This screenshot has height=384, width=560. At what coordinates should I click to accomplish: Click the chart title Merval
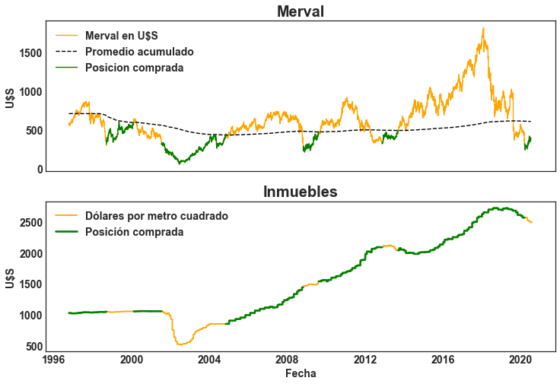pos(301,11)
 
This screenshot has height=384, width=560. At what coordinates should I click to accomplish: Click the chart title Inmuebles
pos(301,192)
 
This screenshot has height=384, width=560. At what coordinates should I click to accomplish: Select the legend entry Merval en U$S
pos(122,36)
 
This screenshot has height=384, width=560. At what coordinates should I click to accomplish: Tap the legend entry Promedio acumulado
pos(139,52)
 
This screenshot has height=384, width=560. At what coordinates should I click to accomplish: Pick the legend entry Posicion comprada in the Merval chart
pos(134,68)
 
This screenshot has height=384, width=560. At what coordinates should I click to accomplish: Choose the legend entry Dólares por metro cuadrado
pos(157,216)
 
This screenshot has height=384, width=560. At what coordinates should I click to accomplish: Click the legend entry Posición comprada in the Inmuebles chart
pos(134,232)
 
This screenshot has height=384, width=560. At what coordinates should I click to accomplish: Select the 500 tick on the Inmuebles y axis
pos(33,347)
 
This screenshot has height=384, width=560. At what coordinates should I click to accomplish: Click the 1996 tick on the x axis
pos(53,359)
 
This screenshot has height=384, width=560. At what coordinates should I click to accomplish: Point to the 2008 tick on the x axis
pos(287,359)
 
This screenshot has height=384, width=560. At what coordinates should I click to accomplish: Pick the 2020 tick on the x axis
pos(520,359)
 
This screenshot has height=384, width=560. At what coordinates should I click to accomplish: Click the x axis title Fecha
pos(301,373)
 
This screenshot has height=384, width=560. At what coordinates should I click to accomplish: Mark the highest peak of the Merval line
pos(483,29)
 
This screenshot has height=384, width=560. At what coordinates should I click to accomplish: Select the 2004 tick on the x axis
pos(209,359)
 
